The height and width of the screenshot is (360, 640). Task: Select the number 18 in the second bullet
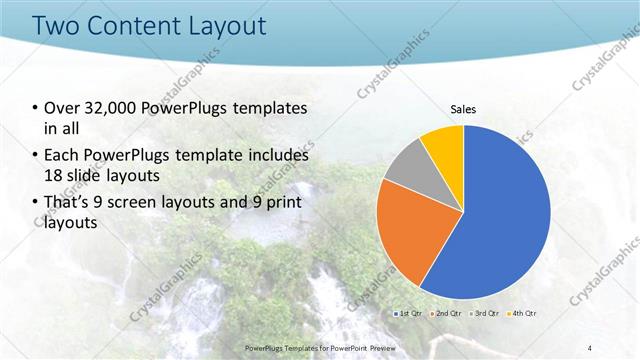(55, 175)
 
